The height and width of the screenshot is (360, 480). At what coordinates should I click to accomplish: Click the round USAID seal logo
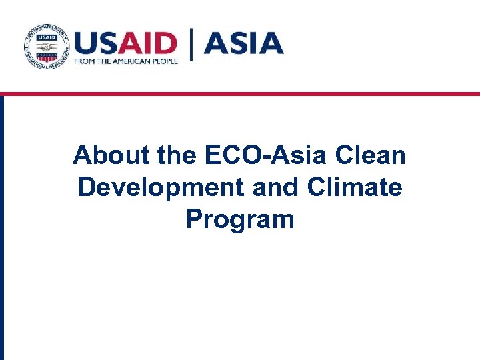[x=47, y=48]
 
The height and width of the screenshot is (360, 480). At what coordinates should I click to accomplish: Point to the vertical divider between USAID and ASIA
[x=193, y=45]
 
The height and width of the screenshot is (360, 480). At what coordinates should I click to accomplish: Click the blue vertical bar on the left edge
[x=2, y=227]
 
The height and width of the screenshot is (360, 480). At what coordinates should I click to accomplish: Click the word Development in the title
[x=161, y=187]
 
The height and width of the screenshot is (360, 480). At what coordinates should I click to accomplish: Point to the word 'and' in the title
[x=275, y=187]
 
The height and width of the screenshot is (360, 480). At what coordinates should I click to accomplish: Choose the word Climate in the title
[x=355, y=187]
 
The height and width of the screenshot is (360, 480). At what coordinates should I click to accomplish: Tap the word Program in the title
[x=240, y=219]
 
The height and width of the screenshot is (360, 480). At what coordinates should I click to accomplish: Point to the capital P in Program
[x=194, y=218]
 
